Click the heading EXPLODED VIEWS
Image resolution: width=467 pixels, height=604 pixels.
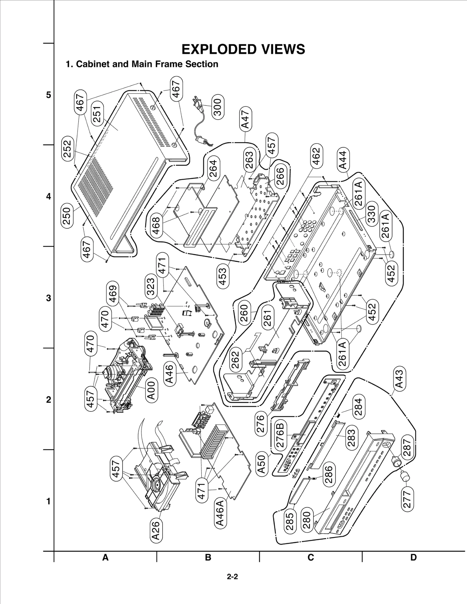(243, 49)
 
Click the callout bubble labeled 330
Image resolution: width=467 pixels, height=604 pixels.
(372, 214)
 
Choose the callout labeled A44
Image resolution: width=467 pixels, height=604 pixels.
(343, 160)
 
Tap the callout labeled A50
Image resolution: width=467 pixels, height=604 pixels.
(262, 464)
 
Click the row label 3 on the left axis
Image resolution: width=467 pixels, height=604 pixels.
(48, 298)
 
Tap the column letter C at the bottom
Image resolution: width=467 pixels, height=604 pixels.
(311, 557)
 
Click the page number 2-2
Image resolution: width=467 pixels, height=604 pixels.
(233, 577)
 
